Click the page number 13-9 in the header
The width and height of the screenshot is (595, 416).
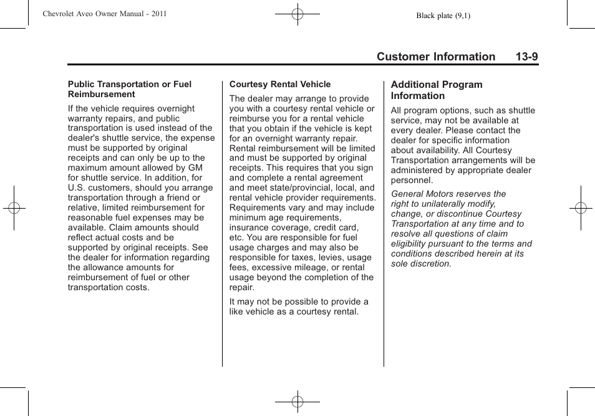pyautogui.click(x=526, y=57)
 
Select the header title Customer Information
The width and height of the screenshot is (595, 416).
pyautogui.click(x=435, y=57)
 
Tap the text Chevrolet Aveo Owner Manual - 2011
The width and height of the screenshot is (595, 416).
pyautogui.click(x=105, y=14)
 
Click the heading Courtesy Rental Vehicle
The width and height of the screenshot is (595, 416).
pyautogui.click(x=280, y=84)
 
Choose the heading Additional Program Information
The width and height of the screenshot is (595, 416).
pyautogui.click(x=437, y=90)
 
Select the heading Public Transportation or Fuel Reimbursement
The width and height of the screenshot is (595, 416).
pyautogui.click(x=130, y=89)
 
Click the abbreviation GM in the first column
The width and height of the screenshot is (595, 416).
pyautogui.click(x=196, y=168)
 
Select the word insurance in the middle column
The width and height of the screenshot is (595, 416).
pyautogui.click(x=249, y=228)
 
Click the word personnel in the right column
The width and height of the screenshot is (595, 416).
pyautogui.click(x=410, y=181)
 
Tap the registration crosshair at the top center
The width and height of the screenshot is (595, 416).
pyautogui.click(x=297, y=13)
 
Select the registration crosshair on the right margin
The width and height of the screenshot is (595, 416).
pyautogui.click(x=581, y=208)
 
